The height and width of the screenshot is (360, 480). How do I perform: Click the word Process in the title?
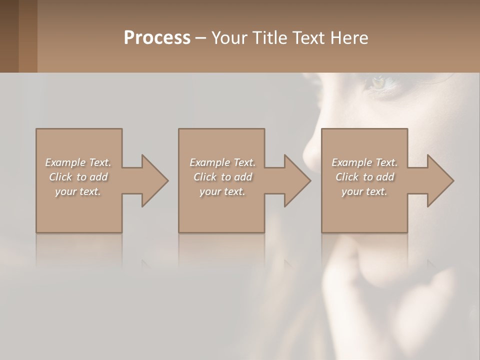point(157,37)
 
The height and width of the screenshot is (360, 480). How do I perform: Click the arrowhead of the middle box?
point(297,180)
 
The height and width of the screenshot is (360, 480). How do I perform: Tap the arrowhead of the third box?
point(440,180)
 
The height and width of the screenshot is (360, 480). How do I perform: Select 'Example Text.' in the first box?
point(78,162)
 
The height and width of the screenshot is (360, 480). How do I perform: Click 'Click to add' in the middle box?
point(222,177)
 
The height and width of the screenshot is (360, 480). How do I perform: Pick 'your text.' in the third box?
point(364,191)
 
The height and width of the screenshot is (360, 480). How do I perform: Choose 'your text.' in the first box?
point(78,191)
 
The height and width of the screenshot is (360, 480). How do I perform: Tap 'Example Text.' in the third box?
point(364,162)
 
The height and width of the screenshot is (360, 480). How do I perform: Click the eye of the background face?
point(379,82)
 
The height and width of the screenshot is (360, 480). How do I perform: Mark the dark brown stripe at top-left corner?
point(9,36)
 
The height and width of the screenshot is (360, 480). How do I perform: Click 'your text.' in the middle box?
point(222,191)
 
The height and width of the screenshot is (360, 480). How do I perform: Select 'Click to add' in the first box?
point(78,177)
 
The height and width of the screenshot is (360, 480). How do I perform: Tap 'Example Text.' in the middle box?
point(222,162)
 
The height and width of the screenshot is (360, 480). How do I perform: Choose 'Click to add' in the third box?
point(364,177)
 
